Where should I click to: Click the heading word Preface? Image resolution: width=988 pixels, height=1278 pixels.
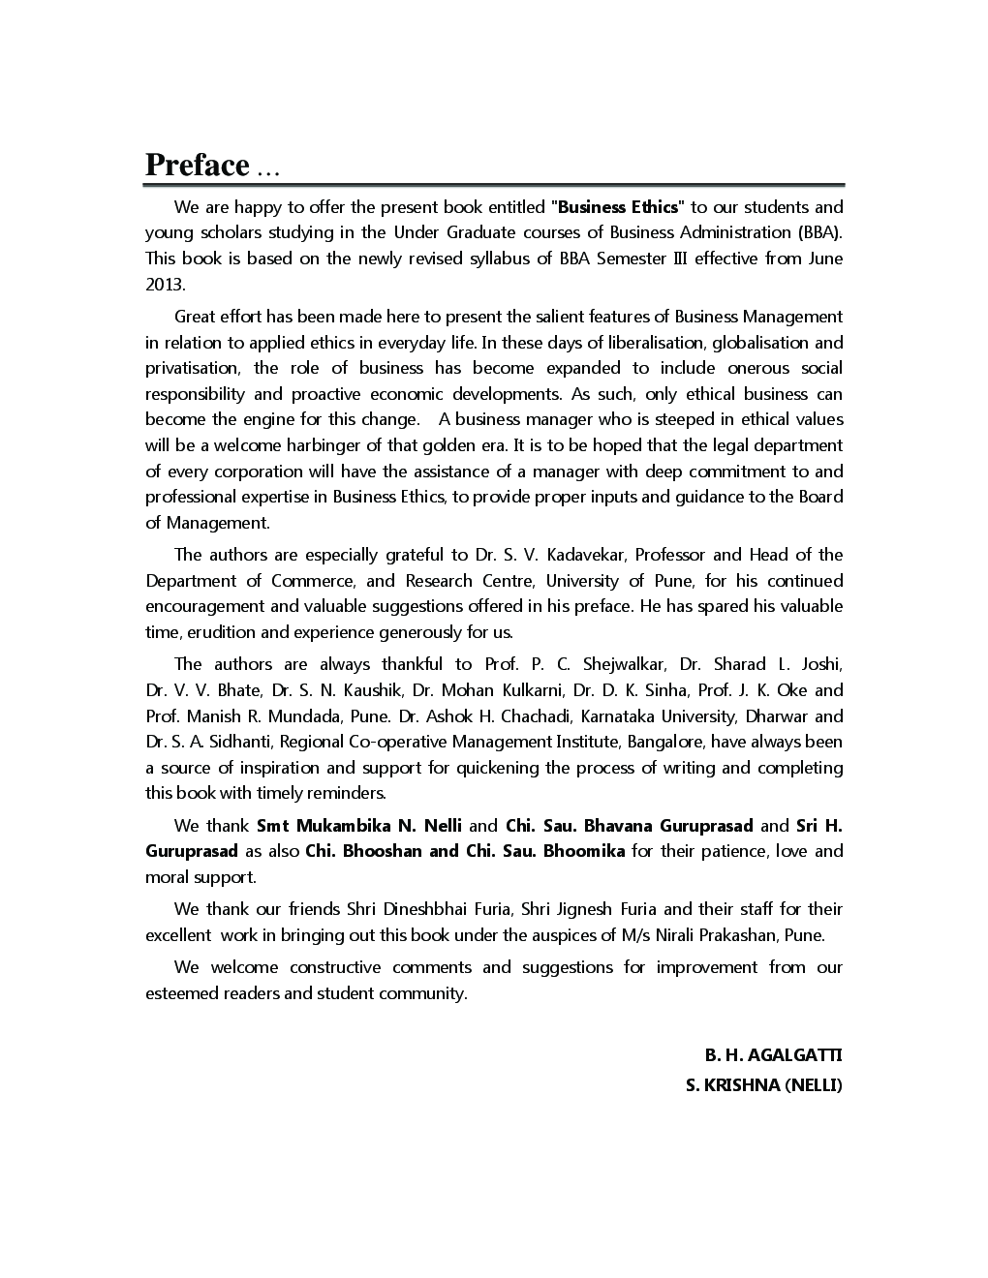point(198,166)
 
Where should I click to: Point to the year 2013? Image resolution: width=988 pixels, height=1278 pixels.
point(164,285)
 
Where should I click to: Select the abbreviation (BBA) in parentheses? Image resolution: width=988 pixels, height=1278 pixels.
point(820,232)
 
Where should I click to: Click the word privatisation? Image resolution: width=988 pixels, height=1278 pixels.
point(192,368)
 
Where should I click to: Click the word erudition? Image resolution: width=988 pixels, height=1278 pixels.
point(220,632)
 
